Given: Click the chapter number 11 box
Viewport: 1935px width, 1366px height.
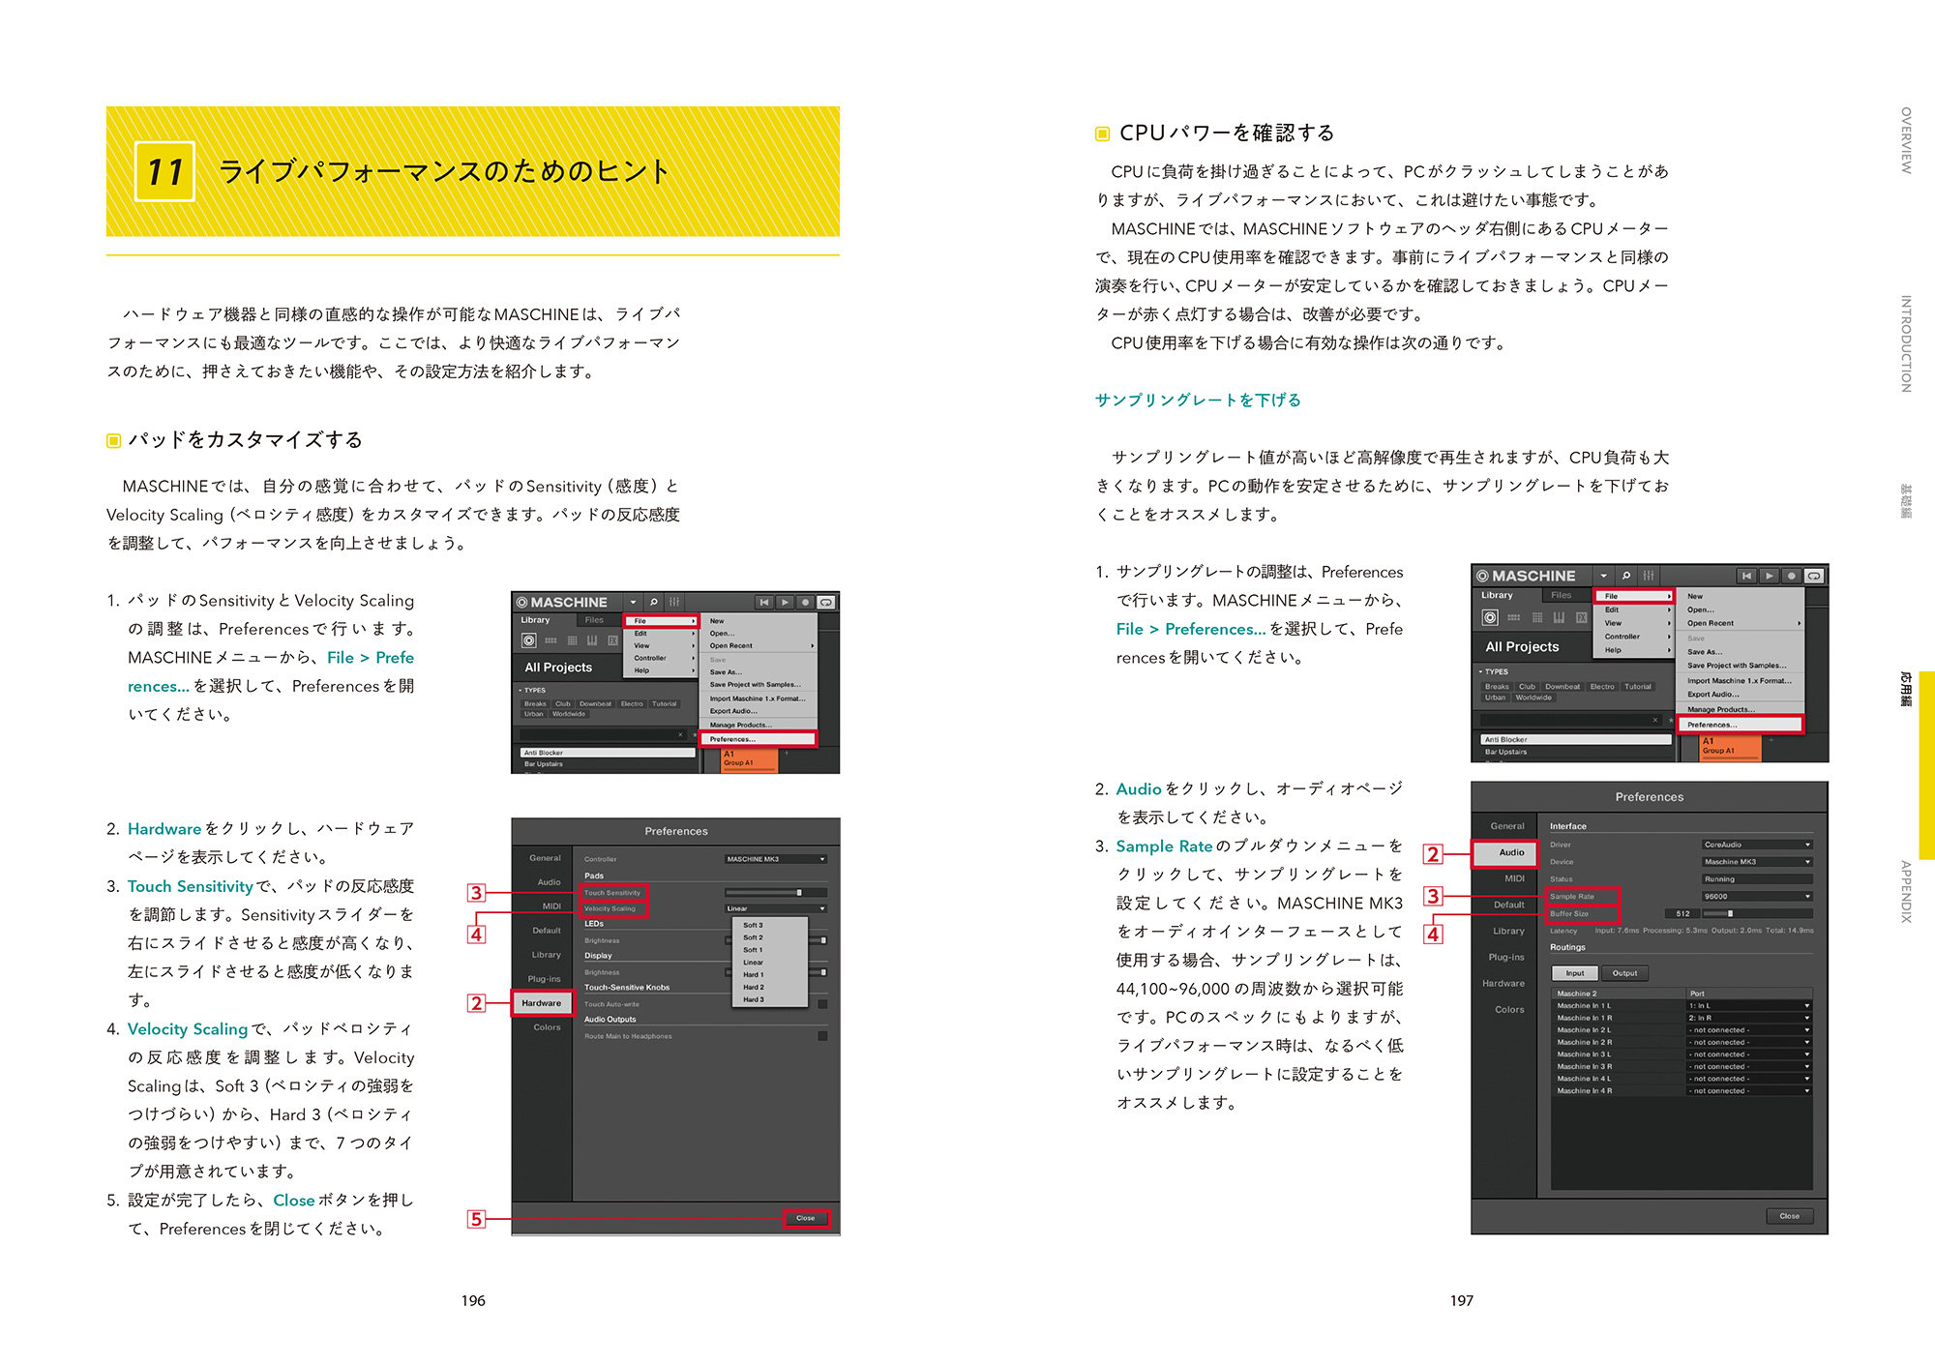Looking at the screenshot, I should [x=164, y=172].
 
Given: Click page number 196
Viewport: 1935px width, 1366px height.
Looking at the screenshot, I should [x=473, y=1300].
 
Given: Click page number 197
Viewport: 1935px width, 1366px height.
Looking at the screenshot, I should [x=1461, y=1300].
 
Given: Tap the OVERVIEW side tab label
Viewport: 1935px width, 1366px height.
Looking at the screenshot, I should [x=1906, y=140].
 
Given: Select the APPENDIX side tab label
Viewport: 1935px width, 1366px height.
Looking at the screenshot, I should [x=1906, y=891].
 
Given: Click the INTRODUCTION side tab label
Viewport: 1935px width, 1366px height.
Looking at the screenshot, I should [x=1906, y=343].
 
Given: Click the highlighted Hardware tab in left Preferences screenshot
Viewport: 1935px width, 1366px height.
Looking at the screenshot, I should [x=541, y=1003].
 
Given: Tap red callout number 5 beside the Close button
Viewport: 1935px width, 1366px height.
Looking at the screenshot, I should [x=476, y=1219].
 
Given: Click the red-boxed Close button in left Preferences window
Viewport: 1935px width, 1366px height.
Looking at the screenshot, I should [x=805, y=1218].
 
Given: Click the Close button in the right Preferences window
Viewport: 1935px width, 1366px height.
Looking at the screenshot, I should [x=1789, y=1216].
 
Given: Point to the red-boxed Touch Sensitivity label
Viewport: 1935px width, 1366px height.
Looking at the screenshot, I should [x=611, y=893].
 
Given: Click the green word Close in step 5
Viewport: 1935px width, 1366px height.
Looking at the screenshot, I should [x=293, y=1201].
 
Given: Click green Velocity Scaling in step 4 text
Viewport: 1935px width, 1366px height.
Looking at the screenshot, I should [x=188, y=1029].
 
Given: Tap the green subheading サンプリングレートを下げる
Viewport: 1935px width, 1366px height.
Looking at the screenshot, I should [x=1198, y=401].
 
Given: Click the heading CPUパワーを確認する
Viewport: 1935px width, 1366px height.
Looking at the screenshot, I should [x=1226, y=134].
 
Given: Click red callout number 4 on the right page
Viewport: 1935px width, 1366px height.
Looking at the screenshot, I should [x=1433, y=935].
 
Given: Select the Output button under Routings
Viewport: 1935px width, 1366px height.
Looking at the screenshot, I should [x=1624, y=973].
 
